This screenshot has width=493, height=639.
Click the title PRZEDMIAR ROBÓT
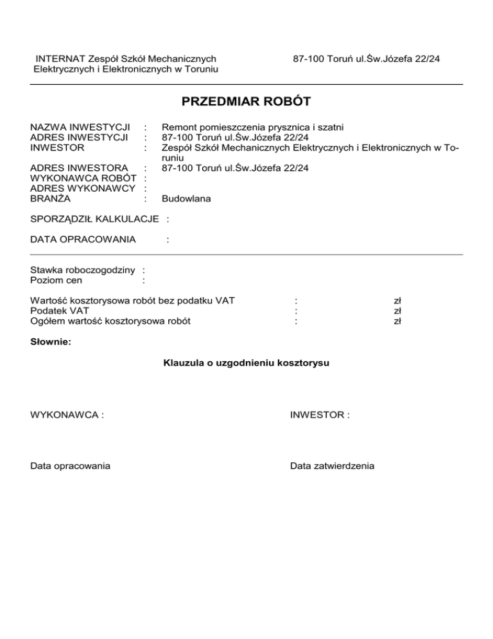pos(246,102)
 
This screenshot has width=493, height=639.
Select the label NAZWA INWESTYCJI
pos(80,127)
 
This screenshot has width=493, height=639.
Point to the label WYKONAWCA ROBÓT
pos(84,178)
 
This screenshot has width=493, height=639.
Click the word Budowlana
pos(186,199)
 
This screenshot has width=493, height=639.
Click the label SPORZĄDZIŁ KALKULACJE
pos(94,219)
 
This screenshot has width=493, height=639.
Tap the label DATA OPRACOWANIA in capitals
pos(83,240)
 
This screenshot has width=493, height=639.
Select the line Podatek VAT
pos(60,310)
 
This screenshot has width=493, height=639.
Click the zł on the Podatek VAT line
pos(397,310)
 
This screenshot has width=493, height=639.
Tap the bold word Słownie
pos(51,342)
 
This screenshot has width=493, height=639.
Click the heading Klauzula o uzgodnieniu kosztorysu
pos(246,363)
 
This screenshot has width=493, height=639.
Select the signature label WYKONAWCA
pos(67,415)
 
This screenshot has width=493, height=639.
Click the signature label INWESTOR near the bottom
pos(319,415)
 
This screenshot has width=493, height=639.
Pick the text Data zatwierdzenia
pos(332,465)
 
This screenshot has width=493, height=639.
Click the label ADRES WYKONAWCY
pos(84,188)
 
